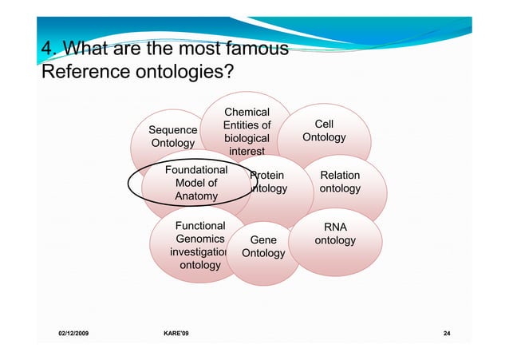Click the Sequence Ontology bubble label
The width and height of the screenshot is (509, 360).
(173, 136)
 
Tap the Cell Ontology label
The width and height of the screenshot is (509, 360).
(324, 131)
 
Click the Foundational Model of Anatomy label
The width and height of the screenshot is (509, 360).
(195, 183)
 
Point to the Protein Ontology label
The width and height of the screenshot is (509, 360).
(267, 182)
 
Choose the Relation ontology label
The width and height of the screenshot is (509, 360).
(340, 182)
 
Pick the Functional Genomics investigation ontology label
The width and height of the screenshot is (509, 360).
(199, 245)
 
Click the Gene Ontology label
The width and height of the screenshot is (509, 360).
(263, 247)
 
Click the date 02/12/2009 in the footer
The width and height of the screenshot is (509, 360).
(73, 331)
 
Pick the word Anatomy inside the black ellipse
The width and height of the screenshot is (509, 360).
(195, 196)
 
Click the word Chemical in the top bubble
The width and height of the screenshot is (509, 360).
(247, 113)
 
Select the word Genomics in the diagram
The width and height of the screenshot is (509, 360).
(199, 239)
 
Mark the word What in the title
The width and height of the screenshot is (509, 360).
(86, 49)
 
